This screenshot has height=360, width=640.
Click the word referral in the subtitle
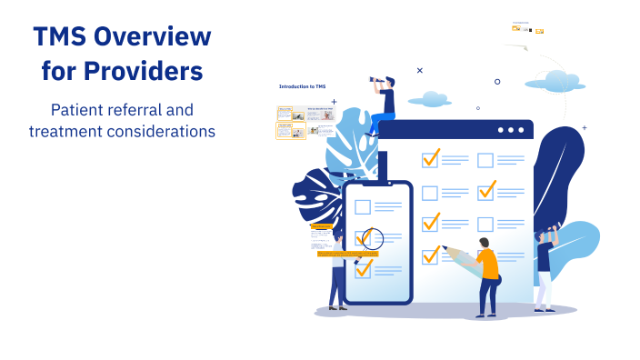[137, 110]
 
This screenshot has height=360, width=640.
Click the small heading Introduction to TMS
[302, 85]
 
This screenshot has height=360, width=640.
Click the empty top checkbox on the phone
[363, 206]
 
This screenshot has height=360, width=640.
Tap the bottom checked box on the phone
[364, 269]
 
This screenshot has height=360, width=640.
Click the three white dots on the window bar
[512, 130]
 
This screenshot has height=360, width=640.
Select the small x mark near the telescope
[419, 70]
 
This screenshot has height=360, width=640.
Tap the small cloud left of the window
[429, 98]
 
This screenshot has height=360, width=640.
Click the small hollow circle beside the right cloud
[497, 81]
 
